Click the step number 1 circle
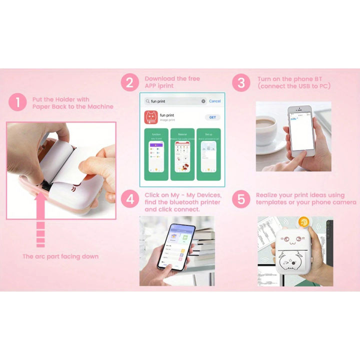pyautogui.click(x=17, y=102)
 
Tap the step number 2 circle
pyautogui.click(x=130, y=82)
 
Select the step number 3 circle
pyautogui.click(x=241, y=82)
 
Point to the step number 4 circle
pyautogui.click(x=130, y=199)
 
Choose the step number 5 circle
pyautogui.click(x=241, y=199)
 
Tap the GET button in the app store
pyautogui.click(x=212, y=117)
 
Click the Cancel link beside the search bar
pyautogui.click(x=214, y=101)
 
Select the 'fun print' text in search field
pyautogui.click(x=158, y=101)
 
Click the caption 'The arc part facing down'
pyautogui.click(x=60, y=256)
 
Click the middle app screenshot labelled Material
pyautogui.click(x=182, y=154)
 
